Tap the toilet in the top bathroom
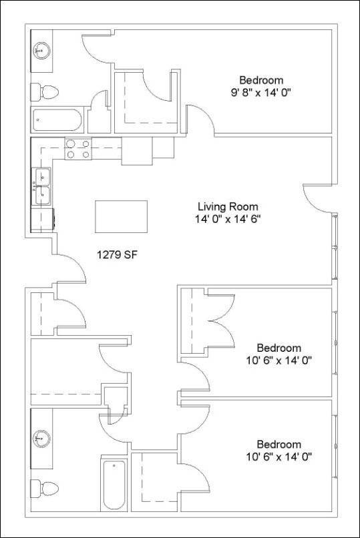tap(49, 90)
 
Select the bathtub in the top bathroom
tap(57, 121)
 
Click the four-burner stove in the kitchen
tap(78, 149)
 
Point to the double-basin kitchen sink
tap(42, 186)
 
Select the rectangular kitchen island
tap(121, 216)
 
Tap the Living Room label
tap(228, 206)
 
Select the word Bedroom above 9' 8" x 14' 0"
tap(262, 80)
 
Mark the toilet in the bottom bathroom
tap(49, 486)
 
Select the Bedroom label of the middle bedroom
tap(279, 348)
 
